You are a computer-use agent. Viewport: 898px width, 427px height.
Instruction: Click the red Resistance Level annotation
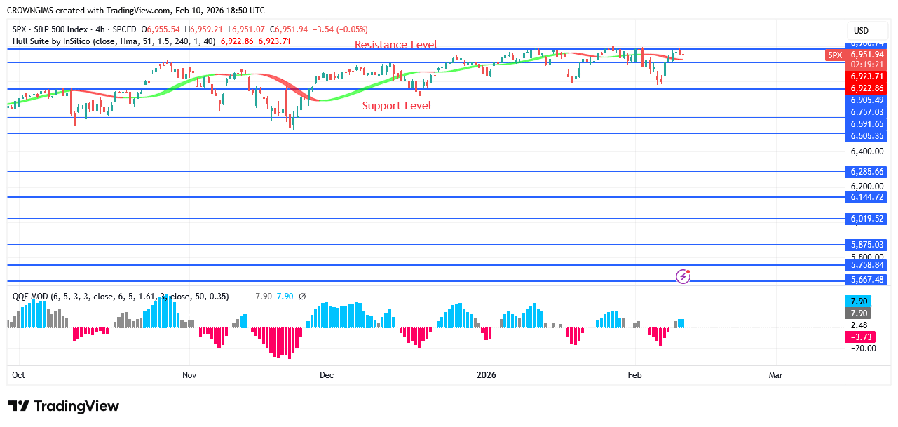pyautogui.click(x=395, y=45)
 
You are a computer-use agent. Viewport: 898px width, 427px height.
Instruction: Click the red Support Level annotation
pyautogui.click(x=396, y=106)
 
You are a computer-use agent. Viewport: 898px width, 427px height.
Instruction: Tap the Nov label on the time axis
pyautogui.click(x=189, y=375)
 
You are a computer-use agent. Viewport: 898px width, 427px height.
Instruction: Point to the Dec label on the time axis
pyautogui.click(x=327, y=375)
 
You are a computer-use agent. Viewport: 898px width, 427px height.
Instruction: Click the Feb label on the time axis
pyautogui.click(x=635, y=375)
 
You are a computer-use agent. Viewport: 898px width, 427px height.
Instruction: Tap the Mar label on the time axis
pyautogui.click(x=775, y=375)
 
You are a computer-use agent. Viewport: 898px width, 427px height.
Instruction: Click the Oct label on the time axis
pyautogui.click(x=18, y=375)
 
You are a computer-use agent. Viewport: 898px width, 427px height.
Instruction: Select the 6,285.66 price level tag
pyautogui.click(x=867, y=172)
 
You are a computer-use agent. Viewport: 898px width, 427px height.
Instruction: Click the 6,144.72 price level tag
pyautogui.click(x=867, y=198)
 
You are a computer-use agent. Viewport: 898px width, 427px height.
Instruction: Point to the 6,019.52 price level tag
pyautogui.click(x=867, y=219)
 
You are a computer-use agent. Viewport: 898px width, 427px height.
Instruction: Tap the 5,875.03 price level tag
pyautogui.click(x=867, y=245)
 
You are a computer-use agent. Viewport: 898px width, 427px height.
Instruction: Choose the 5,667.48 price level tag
pyautogui.click(x=867, y=280)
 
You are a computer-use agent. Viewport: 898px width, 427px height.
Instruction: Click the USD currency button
pyautogui.click(x=860, y=31)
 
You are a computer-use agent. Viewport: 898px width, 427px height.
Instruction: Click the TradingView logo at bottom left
pyautogui.click(x=64, y=407)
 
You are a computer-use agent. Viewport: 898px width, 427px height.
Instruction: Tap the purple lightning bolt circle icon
pyautogui.click(x=683, y=276)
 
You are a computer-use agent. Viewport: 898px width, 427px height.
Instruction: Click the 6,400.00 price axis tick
pyautogui.click(x=866, y=151)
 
